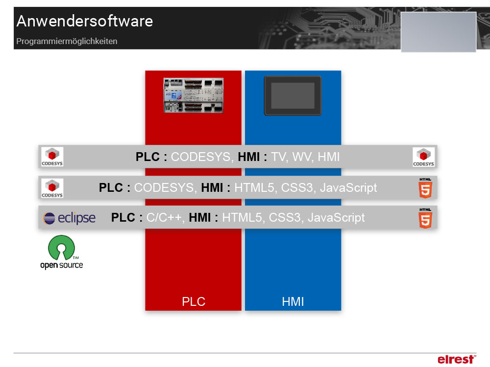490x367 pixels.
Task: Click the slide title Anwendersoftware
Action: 84,22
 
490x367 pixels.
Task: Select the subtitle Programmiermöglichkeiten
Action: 67,42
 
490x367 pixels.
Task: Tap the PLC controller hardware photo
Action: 193,95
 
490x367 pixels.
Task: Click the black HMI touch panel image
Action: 293,95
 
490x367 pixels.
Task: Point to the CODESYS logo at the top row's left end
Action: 52,157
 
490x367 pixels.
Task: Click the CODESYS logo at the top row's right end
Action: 424,157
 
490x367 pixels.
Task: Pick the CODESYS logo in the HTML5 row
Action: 52,188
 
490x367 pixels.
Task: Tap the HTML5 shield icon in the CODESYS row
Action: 425,188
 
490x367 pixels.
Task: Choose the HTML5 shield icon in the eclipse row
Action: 425,218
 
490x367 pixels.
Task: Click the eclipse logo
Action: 69,218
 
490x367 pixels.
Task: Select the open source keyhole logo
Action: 62,252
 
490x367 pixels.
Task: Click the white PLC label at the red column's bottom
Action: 193,301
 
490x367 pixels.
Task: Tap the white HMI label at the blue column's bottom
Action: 293,301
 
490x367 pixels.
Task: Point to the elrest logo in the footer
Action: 456,359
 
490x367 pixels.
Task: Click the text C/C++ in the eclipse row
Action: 165,218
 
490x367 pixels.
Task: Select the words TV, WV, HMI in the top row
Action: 305,157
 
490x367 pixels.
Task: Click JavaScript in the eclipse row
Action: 336,218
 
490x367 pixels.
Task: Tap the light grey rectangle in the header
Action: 439,32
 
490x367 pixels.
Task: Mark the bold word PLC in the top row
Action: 147,157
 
